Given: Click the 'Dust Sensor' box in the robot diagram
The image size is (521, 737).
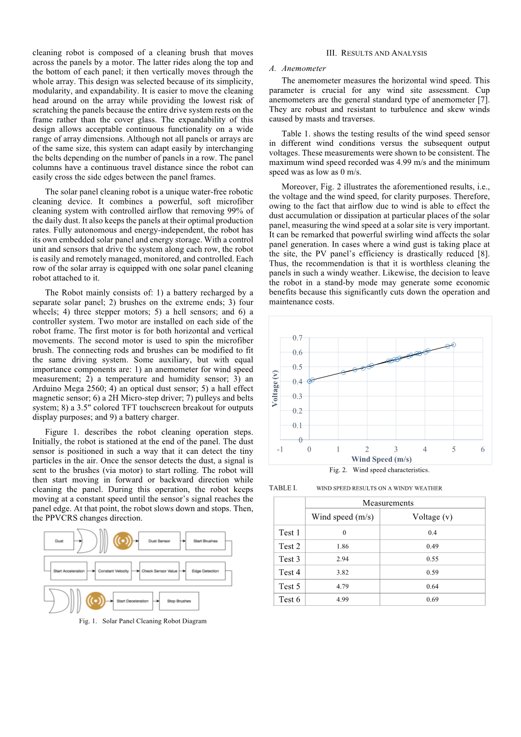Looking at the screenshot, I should (x=159, y=541).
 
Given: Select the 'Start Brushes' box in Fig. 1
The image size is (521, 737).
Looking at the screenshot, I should (x=206, y=541).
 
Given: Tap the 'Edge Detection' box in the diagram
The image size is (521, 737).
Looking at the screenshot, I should (x=205, y=571).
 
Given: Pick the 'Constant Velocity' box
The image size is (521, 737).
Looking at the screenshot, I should (x=114, y=571).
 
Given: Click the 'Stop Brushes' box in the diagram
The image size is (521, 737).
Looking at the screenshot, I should (x=179, y=601).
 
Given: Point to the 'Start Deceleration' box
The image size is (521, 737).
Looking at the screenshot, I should (x=132, y=601).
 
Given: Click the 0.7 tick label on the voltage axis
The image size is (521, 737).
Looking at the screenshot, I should (x=297, y=338).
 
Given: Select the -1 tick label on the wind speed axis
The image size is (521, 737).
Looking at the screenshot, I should (x=280, y=449).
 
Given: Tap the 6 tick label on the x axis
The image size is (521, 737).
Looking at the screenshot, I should (x=483, y=449).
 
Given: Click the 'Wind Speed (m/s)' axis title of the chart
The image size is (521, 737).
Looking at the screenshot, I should (x=381, y=459).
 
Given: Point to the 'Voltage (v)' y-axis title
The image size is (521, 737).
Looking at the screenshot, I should (x=275, y=388).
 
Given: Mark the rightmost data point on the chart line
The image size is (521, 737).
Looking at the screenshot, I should (x=453, y=345).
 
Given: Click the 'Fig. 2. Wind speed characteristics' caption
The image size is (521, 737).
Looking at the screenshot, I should (x=379, y=470).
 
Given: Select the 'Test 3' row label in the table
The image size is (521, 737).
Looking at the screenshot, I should (x=290, y=559).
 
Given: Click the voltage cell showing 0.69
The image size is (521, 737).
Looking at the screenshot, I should (x=432, y=600).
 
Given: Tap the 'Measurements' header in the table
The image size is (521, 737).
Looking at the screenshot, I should (x=388, y=503).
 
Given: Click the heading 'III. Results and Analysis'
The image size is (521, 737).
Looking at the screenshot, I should (x=376, y=53).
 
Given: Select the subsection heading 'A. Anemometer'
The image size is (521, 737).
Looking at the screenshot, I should (x=297, y=68).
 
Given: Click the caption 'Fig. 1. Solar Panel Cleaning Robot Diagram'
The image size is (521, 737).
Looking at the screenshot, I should (x=143, y=621).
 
